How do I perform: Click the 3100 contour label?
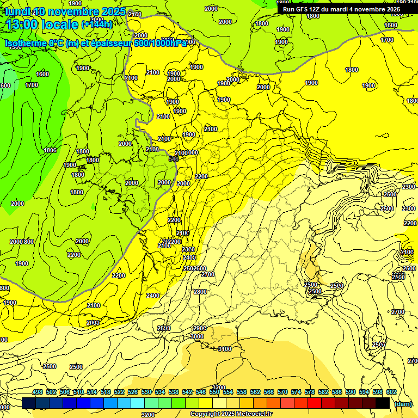point(224,349)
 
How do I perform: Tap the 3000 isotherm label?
point(196,337)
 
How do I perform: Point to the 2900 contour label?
point(200,328)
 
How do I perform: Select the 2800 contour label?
point(200,292)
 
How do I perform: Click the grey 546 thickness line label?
point(174,159)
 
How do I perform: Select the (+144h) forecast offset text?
point(97,24)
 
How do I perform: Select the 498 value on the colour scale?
point(38,392)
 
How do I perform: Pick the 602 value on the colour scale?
point(391,392)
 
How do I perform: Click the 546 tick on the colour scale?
point(201,392)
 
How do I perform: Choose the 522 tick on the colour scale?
point(119,392)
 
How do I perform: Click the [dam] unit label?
point(403,404)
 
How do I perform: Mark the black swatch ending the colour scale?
point(383,403)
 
